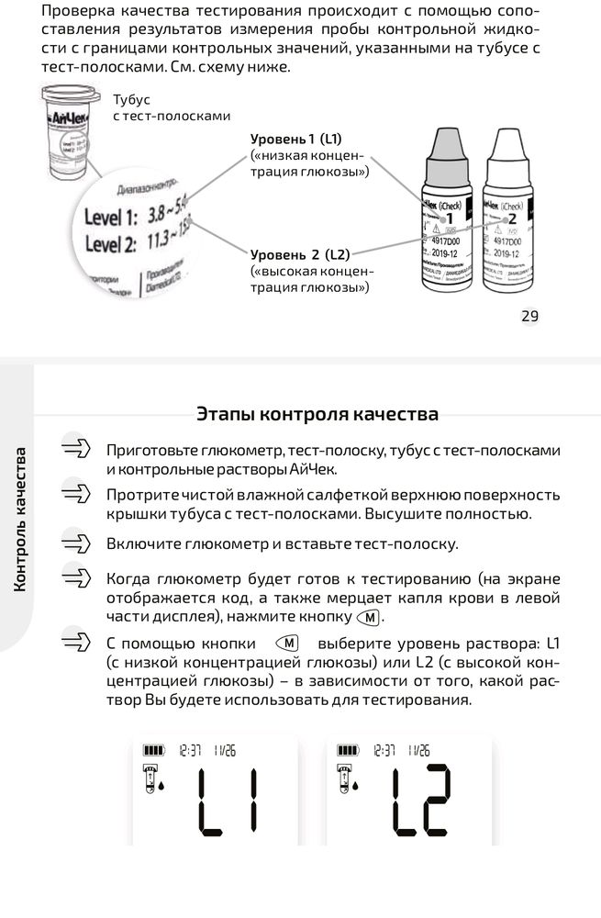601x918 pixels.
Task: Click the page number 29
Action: click(x=529, y=317)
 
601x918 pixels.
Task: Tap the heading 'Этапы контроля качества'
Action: click(x=317, y=413)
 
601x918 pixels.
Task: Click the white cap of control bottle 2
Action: click(x=507, y=151)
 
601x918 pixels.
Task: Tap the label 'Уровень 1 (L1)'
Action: click(x=295, y=139)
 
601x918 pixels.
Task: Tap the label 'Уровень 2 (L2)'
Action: click(x=299, y=254)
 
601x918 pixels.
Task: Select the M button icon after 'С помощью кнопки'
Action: click(x=286, y=643)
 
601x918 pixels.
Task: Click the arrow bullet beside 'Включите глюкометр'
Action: click(x=77, y=543)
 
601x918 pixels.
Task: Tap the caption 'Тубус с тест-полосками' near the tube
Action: click(x=171, y=107)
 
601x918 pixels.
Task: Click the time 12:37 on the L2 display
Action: click(x=385, y=749)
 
